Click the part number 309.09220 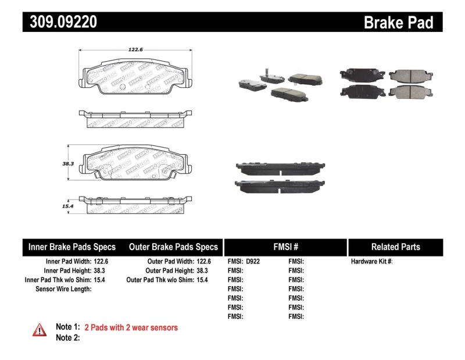pyautogui.click(x=60, y=22)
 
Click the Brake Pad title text pyautogui.click(x=398, y=22)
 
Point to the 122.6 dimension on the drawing pyautogui.click(x=136, y=50)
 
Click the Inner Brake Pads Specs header pyautogui.click(x=72, y=247)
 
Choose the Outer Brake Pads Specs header pyautogui.click(x=173, y=247)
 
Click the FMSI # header pyautogui.click(x=285, y=247)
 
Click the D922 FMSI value pyautogui.click(x=253, y=262)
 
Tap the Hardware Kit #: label pyautogui.click(x=371, y=262)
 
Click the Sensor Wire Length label pyautogui.click(x=63, y=288)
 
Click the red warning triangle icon pyautogui.click(x=39, y=330)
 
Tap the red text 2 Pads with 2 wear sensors pyautogui.click(x=131, y=327)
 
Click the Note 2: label pyautogui.click(x=67, y=337)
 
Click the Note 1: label pyautogui.click(x=67, y=327)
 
